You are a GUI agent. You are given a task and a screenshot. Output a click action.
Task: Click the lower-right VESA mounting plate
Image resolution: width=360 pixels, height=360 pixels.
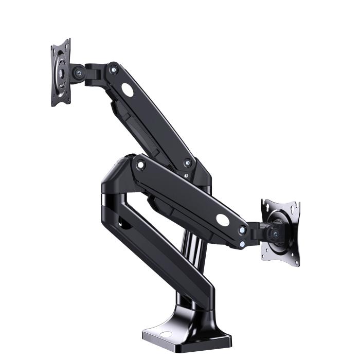tap(280, 231)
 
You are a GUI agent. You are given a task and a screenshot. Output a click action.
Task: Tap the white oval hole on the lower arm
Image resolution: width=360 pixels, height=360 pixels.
tap(223, 219)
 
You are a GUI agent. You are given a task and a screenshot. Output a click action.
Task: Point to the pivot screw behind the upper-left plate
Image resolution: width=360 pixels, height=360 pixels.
tap(78, 74)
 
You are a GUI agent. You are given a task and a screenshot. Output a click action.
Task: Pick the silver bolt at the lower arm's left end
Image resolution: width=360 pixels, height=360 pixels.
tap(140, 165)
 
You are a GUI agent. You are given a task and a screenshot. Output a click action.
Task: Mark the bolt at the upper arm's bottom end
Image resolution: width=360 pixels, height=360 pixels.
tap(188, 163)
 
